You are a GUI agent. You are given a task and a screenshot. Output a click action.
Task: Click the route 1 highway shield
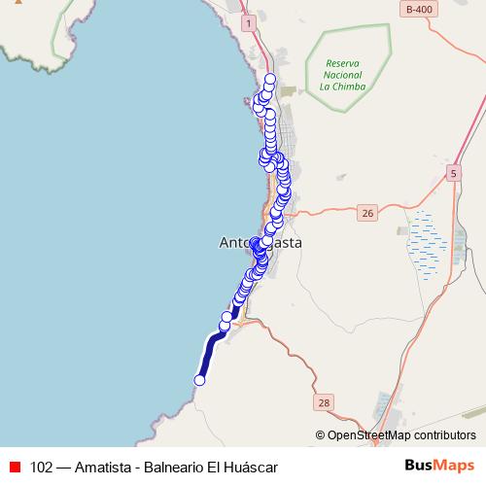coord(249,22)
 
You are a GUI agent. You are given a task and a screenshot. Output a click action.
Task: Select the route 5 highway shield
coord(453,172)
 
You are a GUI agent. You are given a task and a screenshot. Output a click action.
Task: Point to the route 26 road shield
coord(365,212)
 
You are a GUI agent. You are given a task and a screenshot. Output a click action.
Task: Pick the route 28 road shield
coord(325,401)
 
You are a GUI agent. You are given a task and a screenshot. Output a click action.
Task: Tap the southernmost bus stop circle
coord(200,380)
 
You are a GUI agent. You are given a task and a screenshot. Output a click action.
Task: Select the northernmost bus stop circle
coord(270,80)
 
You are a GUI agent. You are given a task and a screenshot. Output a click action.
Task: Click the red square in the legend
coord(15,468)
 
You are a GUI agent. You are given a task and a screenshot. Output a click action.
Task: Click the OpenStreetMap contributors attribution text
coord(401,435)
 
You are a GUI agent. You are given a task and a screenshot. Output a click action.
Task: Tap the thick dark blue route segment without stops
coord(209,354)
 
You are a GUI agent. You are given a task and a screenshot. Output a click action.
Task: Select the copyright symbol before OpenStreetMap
coord(320,435)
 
